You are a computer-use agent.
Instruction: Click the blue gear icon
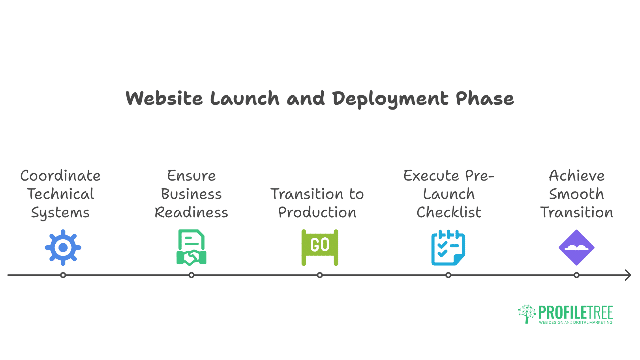pos(63,248)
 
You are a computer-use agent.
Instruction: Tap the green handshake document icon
pos(191,248)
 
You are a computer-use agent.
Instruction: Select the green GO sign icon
pos(320,247)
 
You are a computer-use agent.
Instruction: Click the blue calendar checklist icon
pos(448,248)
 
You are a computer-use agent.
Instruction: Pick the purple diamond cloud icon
pos(576,248)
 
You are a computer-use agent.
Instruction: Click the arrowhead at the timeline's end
pos(628,275)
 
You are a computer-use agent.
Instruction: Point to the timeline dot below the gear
pos(63,275)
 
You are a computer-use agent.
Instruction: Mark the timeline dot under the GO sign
pos(320,275)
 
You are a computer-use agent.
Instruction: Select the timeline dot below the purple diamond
pos(576,275)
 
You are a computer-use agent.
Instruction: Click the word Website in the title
pos(164,98)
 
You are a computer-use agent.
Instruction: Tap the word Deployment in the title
pos(390,99)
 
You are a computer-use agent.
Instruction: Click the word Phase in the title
pos(485,98)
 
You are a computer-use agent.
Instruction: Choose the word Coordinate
pos(60,176)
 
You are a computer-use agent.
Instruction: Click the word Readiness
pos(191,212)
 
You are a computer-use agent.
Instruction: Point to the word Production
pos(317,212)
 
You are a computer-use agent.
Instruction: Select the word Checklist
pos(449,212)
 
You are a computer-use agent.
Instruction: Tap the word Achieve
pos(576,176)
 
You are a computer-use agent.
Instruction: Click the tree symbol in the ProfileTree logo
pos(527,313)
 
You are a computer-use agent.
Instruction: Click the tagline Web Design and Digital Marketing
pos(576,322)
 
